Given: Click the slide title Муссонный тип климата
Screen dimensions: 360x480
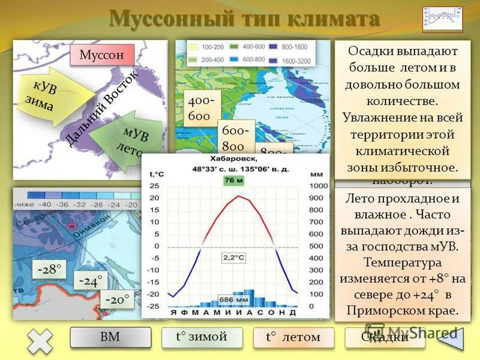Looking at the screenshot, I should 244,19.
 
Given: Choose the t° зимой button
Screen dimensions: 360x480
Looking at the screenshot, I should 202,337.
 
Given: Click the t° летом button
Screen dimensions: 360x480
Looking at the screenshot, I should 293,338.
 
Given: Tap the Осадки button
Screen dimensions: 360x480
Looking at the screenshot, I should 385,338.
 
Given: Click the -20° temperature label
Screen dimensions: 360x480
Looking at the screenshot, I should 117,299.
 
